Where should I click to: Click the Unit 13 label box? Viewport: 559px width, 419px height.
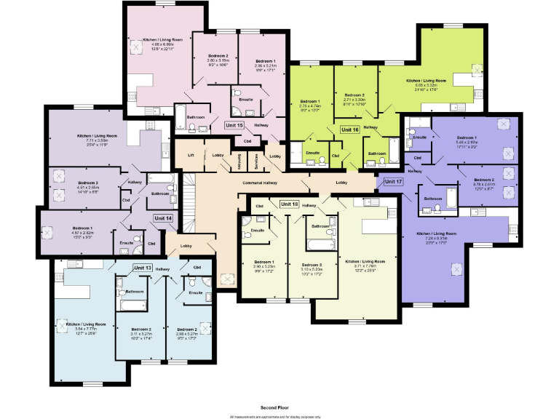(143, 268)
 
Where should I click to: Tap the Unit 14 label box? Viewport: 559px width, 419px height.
(163, 218)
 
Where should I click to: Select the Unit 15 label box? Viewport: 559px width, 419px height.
(234, 125)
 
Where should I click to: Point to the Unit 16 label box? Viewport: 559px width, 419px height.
(350, 129)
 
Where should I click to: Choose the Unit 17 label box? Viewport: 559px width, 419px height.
(392, 181)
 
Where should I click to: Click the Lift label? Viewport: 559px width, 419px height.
(191, 156)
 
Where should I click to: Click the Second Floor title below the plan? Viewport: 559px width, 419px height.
(275, 408)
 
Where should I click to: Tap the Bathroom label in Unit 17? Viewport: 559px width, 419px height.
(434, 198)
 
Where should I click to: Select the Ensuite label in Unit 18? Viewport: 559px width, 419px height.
(258, 231)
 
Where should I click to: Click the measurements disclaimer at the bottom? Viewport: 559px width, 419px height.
(275, 416)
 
